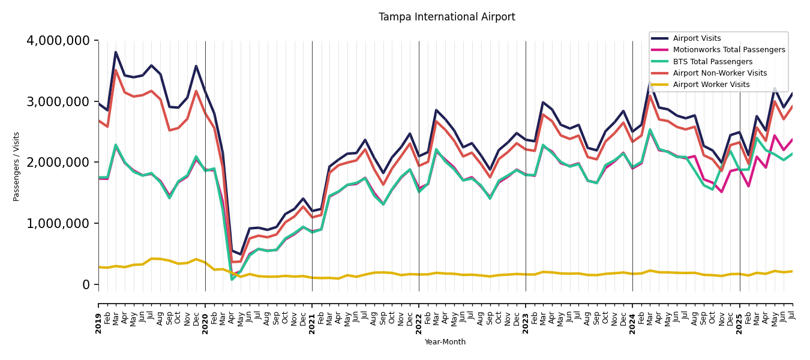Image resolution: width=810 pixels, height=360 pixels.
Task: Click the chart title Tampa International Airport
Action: (446, 17)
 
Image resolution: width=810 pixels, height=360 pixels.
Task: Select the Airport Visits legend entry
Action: (697, 38)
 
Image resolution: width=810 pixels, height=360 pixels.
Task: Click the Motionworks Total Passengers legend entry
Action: (728, 50)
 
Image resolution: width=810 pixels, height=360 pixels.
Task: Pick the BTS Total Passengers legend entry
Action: (712, 62)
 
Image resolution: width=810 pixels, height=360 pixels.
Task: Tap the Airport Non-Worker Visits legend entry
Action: (719, 73)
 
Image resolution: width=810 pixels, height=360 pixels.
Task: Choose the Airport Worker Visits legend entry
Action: (711, 85)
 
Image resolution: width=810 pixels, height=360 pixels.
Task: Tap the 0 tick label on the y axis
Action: (86, 284)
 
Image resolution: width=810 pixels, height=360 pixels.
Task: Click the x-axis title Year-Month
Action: (445, 342)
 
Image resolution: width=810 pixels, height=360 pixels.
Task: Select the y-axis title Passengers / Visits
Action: (17, 166)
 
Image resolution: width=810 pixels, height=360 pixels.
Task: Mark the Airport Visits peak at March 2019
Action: (116, 52)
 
